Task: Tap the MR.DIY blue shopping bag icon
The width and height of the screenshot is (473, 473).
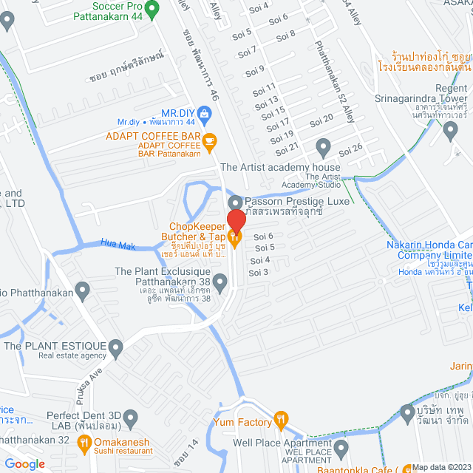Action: (205, 112)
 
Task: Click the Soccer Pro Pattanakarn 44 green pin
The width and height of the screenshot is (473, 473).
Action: (152, 10)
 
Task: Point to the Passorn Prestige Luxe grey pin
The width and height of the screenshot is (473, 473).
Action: (235, 202)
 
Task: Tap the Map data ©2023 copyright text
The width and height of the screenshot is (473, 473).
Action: (440, 467)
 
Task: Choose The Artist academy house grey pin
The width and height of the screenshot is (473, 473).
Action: (322, 145)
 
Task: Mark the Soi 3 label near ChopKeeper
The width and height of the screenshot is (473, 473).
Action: (259, 273)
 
